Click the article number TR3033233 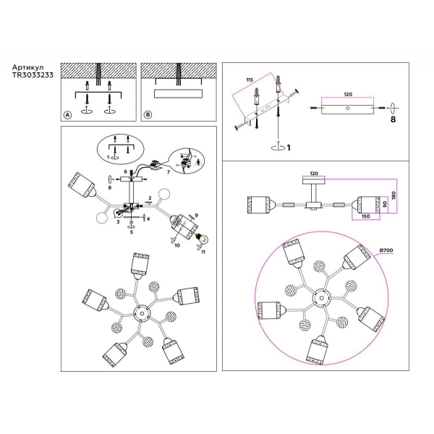31,75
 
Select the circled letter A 68,116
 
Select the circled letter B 148,116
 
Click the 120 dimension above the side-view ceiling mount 314,175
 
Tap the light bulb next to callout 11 203,240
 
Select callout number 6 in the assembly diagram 124,172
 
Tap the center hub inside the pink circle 318,298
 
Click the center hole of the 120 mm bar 348,109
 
